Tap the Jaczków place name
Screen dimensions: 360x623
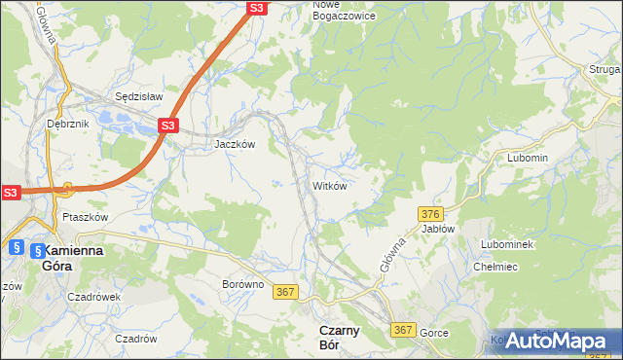234,143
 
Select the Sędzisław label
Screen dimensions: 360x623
138,97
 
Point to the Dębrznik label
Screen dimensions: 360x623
67,124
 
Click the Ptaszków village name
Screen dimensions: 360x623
84,217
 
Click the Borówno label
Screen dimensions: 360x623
243,284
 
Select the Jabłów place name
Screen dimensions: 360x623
438,229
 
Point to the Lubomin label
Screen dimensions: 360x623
528,158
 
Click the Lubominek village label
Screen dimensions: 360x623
506,244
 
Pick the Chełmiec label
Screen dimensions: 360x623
493,268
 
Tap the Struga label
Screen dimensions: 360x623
604,69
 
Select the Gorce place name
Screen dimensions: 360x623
434,333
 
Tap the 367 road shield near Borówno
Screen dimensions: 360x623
285,291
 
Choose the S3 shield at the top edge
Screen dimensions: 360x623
256,8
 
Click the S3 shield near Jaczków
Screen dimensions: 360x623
167,126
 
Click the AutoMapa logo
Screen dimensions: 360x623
556,340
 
